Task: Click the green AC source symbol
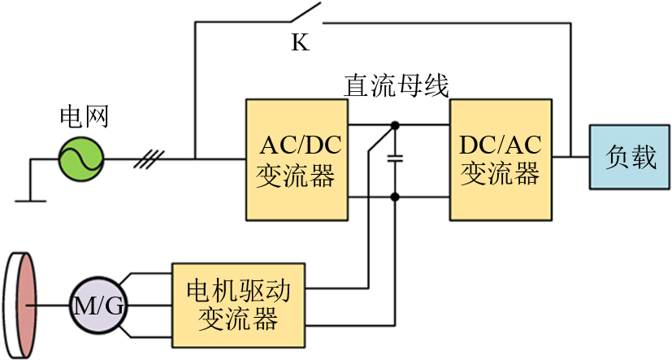click(81, 158)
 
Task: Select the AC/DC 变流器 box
click(300, 159)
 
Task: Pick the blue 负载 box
click(630, 158)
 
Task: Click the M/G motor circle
click(98, 306)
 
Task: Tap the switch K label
click(300, 43)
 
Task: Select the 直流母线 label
click(396, 85)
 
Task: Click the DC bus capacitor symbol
click(396, 160)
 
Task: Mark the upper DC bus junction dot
click(396, 125)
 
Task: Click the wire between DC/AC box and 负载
click(572, 158)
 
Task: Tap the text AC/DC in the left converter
click(300, 146)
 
